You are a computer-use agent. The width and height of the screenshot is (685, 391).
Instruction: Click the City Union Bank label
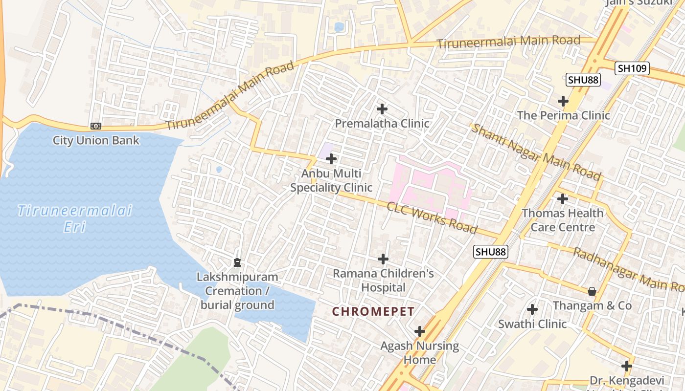pos(96,141)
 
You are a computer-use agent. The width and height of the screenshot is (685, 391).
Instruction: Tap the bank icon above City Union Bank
pos(96,126)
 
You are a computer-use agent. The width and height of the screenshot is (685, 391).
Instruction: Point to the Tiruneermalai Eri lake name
pos(75,218)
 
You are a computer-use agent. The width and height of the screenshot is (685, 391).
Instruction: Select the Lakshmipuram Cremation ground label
pos(237,291)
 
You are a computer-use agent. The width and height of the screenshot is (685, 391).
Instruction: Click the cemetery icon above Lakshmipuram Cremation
pos(237,263)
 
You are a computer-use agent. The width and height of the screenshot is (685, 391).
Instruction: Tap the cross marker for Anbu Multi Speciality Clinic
pos(331,159)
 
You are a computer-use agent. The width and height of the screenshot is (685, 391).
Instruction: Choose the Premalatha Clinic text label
pos(382,124)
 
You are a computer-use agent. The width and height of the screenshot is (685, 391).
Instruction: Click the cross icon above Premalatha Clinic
pos(382,109)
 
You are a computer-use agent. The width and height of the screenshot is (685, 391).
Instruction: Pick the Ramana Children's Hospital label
pos(383,280)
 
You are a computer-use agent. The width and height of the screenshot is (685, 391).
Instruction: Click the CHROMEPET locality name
pos(373,311)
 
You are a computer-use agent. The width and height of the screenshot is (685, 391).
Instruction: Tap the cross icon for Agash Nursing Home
pos(419,332)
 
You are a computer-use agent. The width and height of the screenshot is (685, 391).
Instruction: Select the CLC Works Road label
pos(432,217)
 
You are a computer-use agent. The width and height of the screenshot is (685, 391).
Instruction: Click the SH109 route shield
pos(632,68)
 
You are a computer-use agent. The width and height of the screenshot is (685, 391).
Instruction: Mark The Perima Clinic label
pos(564,115)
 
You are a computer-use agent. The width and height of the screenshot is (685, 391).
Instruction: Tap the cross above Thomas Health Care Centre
pos(563,199)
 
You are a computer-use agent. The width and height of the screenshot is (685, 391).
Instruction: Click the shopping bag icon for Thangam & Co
pos(592,291)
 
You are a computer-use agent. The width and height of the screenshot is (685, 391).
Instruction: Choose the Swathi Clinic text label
pos(532,324)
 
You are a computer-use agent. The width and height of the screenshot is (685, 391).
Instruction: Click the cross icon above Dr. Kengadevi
pos(627,366)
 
